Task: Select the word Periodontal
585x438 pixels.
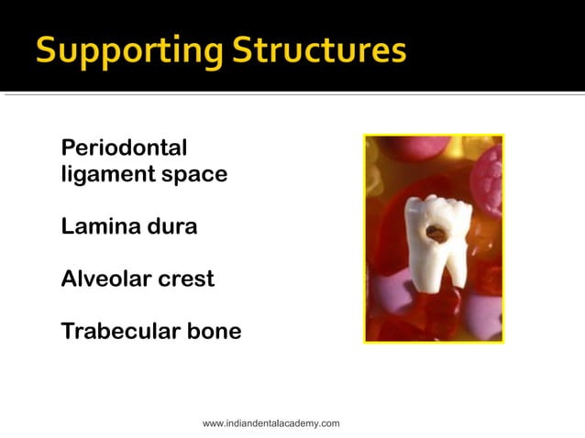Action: [124, 148]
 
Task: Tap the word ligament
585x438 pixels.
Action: [97, 174]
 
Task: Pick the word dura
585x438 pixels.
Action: [171, 225]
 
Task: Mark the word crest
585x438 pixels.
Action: [186, 279]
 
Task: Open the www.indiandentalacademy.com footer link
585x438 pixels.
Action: [270, 423]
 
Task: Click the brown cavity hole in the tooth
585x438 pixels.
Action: [436, 234]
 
